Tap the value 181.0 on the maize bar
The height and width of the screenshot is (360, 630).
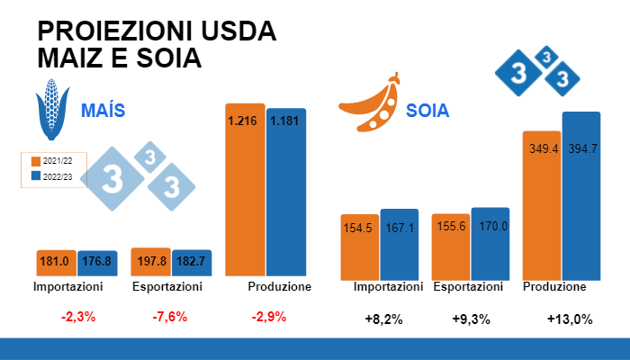click(x=56, y=263)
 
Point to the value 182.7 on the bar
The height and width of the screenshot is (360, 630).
click(x=192, y=262)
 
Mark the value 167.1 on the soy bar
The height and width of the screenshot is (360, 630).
click(x=400, y=228)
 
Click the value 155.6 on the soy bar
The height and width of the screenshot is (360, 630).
click(x=450, y=228)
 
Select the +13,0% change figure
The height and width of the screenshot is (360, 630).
click(x=570, y=319)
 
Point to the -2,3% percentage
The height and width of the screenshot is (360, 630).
click(x=78, y=317)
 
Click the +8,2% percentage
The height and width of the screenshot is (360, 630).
click(x=383, y=319)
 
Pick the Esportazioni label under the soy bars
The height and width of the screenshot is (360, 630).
click(x=468, y=287)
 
